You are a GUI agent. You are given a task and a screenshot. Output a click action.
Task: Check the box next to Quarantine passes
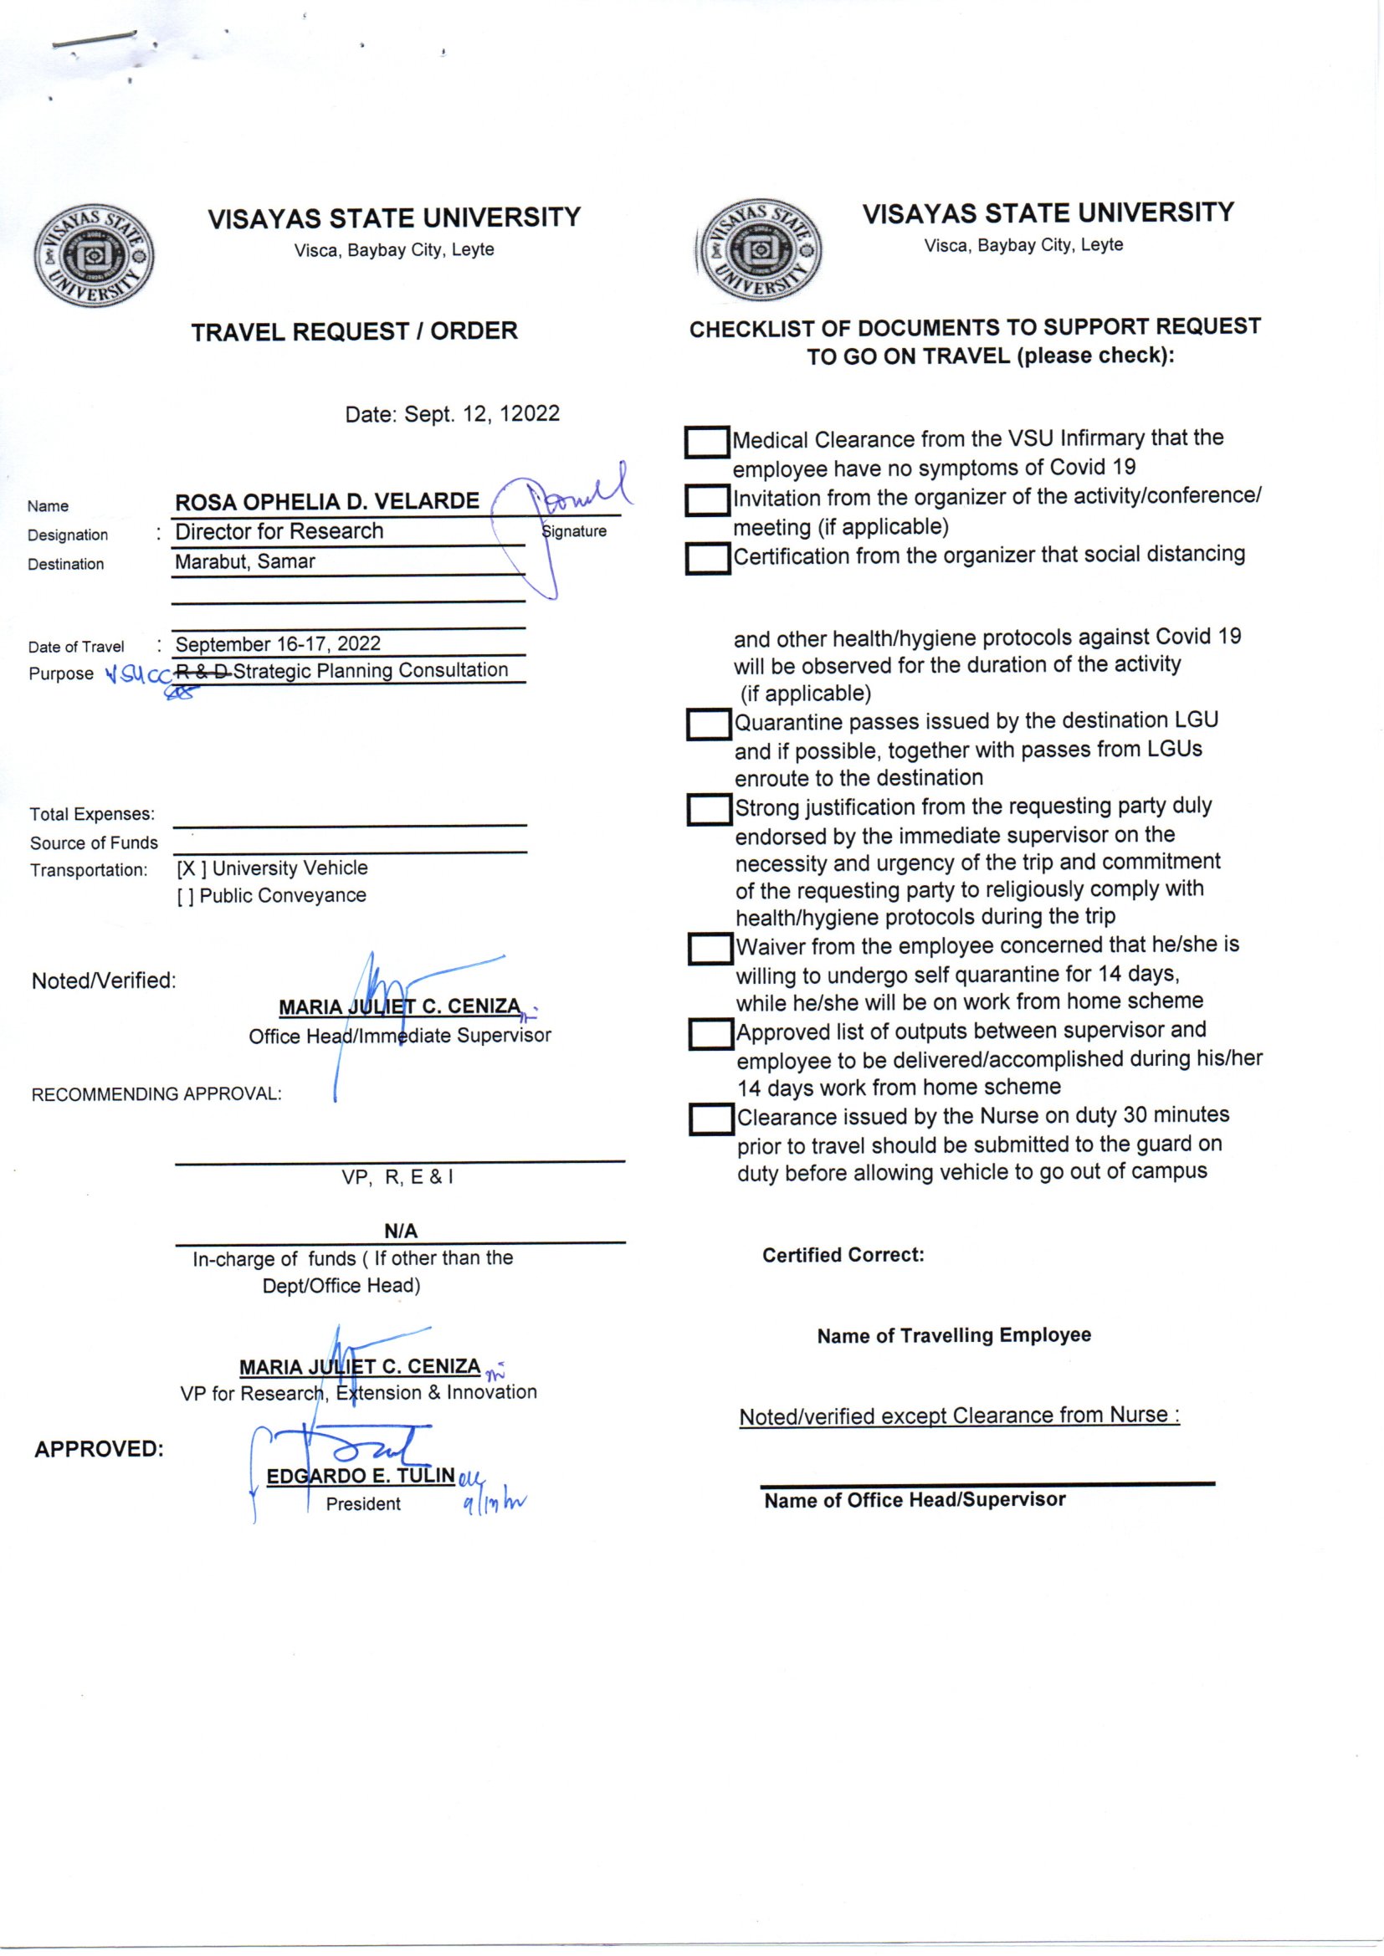(x=709, y=725)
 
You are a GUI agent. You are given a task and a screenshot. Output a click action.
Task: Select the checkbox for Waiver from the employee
(x=710, y=949)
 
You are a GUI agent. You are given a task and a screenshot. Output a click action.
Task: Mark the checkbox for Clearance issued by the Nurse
(x=711, y=1119)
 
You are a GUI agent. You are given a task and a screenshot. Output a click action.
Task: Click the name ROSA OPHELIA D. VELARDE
(x=327, y=502)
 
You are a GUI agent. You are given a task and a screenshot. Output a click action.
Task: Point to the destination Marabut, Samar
(x=245, y=562)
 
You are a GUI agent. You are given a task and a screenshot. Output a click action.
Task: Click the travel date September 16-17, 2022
(x=278, y=644)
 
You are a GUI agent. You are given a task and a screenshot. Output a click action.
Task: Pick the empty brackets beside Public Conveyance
(x=185, y=896)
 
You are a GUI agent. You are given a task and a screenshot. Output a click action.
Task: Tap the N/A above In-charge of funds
(x=401, y=1231)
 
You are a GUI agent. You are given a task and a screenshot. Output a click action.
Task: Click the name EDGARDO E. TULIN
(x=361, y=1477)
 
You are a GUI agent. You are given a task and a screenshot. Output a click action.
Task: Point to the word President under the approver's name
(x=363, y=1504)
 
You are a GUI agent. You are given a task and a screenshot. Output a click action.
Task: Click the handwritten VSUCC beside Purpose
(x=137, y=676)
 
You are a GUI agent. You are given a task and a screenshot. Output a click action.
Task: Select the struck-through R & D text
(x=202, y=672)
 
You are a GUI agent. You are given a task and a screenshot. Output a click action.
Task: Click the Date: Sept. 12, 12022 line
(x=453, y=415)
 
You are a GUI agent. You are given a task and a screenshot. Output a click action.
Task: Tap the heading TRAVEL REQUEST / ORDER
(x=355, y=332)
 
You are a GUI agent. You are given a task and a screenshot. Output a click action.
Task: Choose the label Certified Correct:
(x=843, y=1255)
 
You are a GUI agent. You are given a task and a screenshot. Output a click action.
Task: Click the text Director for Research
(x=279, y=532)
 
